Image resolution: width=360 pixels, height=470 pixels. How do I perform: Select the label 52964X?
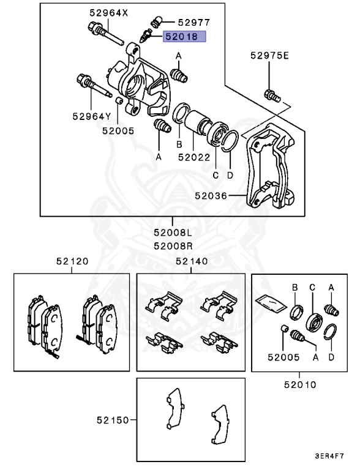(107, 12)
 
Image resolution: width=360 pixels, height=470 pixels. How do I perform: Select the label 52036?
(212, 196)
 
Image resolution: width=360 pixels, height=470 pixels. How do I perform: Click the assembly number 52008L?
(173, 233)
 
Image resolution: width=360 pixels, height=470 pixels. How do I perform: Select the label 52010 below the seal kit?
(299, 385)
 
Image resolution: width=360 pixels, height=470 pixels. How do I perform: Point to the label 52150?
(113, 420)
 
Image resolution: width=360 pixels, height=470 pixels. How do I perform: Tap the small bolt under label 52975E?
(271, 95)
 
